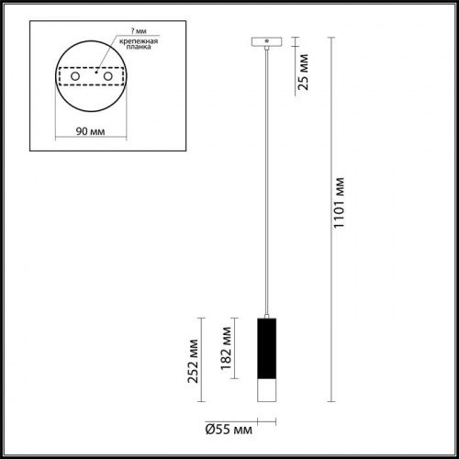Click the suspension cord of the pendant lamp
coord(264,184)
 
